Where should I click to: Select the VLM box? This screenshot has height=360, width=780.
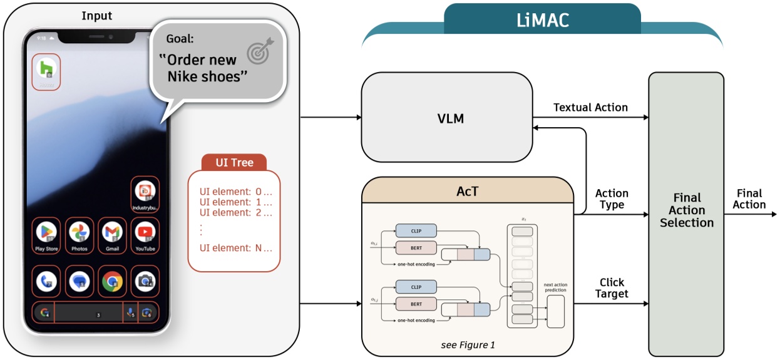click(446, 118)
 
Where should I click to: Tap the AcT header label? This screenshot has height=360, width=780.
click(468, 191)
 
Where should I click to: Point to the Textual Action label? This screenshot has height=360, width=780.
click(590, 107)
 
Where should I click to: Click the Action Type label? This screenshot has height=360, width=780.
click(611, 199)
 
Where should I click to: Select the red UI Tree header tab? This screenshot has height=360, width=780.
click(234, 163)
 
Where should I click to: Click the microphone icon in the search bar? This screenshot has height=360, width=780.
click(130, 312)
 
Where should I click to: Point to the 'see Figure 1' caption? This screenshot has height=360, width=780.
click(467, 344)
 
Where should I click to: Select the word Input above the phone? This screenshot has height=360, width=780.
click(96, 15)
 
